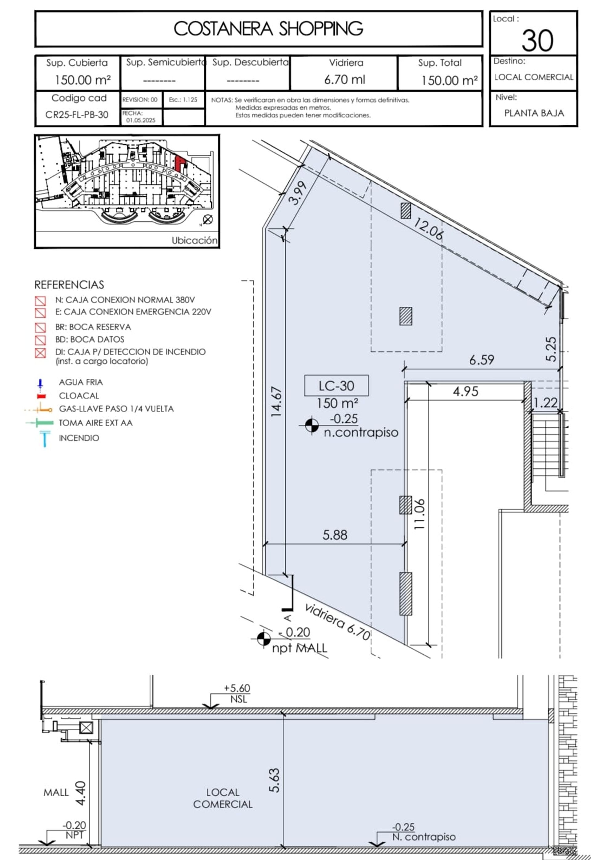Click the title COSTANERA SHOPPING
coord(268,29)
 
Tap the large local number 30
coord(537,40)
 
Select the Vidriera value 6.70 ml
coord(344,79)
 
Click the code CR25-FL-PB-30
coord(77,115)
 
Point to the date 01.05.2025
coord(141,120)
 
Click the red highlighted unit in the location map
coord(180,163)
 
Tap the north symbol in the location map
coord(208,219)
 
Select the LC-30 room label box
coord(336,386)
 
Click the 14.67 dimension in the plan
coord(277,402)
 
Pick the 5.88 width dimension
coord(335,535)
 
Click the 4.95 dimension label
coord(465,391)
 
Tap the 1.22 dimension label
coord(545,402)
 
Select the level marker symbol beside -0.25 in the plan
coord(312,425)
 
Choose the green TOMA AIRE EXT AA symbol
coord(40,422)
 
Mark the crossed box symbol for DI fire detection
coord(40,353)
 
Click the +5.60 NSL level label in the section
coord(237,693)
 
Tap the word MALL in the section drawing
coord(56,792)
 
